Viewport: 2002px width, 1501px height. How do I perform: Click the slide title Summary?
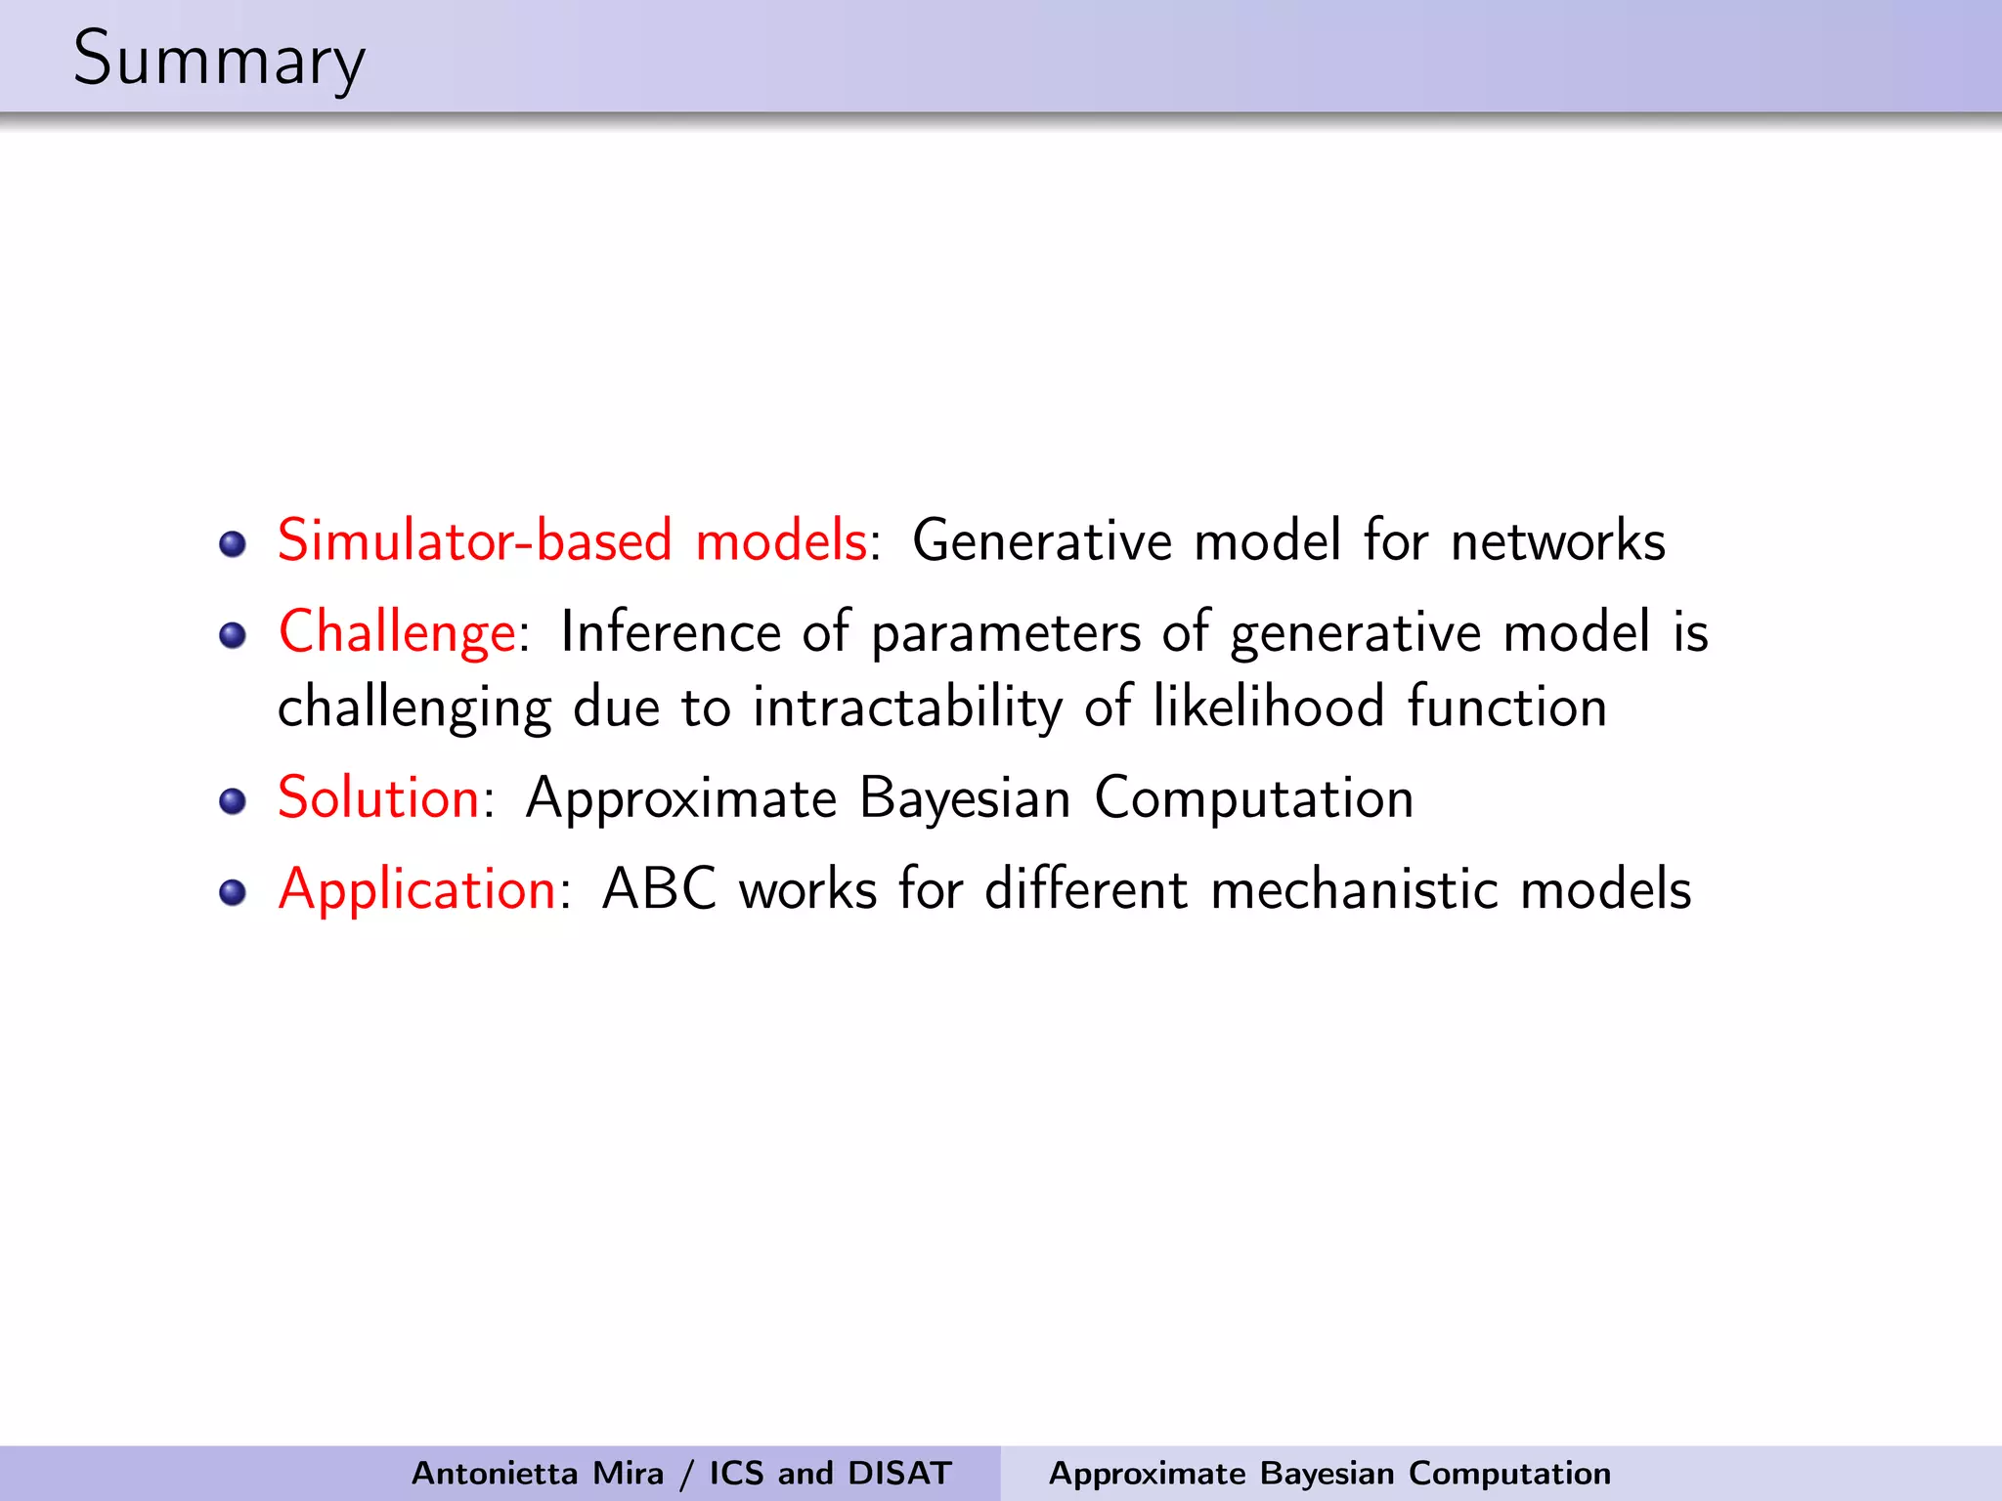219,59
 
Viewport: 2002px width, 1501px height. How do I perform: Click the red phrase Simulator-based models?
572,540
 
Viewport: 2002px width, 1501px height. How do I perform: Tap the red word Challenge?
397,632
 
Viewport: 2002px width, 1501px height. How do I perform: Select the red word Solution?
378,798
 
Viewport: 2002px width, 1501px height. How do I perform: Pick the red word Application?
417,890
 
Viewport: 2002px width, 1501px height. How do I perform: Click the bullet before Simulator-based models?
233,544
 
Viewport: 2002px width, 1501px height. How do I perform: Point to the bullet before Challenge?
233,636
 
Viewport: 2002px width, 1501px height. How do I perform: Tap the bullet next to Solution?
233,802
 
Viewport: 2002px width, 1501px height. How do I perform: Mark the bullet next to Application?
233,893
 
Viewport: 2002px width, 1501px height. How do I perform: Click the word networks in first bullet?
1557,540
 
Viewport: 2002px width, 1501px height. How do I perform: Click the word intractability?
907,708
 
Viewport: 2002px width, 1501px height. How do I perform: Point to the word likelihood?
1268,706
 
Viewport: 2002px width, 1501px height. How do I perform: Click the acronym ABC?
659,890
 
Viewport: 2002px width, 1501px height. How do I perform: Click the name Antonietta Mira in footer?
537,1473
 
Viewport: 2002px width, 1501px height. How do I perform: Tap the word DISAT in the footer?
899,1473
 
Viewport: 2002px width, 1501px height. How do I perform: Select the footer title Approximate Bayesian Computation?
1329,1473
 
